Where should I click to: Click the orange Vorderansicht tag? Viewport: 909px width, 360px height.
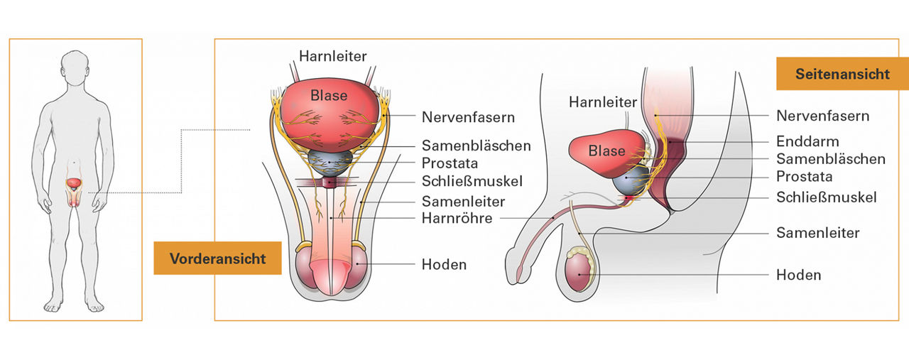point(217,258)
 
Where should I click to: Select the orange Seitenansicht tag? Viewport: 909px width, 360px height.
point(842,74)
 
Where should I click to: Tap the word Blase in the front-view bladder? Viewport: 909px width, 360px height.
point(329,95)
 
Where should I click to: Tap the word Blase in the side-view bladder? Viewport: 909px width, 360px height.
point(606,151)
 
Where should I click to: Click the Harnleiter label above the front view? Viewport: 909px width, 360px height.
point(333,55)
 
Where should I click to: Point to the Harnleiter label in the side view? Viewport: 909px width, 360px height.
point(603,102)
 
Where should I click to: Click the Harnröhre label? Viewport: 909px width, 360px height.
point(457,218)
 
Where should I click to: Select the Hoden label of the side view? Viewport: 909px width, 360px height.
point(799,275)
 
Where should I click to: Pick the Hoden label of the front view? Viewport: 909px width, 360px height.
point(444,264)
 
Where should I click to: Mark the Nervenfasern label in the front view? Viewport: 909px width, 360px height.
point(468,116)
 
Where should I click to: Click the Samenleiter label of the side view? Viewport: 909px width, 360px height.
point(818,233)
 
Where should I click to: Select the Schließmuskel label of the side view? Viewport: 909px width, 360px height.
point(826,197)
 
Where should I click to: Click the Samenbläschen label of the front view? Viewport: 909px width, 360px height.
point(476,146)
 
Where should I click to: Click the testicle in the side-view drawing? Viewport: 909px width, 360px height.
point(580,273)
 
